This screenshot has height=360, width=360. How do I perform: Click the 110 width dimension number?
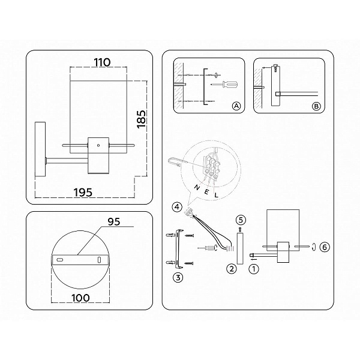[102, 62]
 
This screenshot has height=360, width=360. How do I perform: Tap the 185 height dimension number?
[141, 119]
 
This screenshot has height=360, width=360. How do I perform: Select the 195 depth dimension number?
[83, 192]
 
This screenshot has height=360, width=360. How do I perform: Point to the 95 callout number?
[114, 221]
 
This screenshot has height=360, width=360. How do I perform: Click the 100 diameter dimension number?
[80, 298]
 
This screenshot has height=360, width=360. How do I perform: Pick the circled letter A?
[236, 106]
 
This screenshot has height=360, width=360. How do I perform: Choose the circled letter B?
[316, 106]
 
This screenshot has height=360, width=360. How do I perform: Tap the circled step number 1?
[254, 269]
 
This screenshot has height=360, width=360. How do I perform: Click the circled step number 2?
[232, 268]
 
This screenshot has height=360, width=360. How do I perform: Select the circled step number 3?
[178, 278]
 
